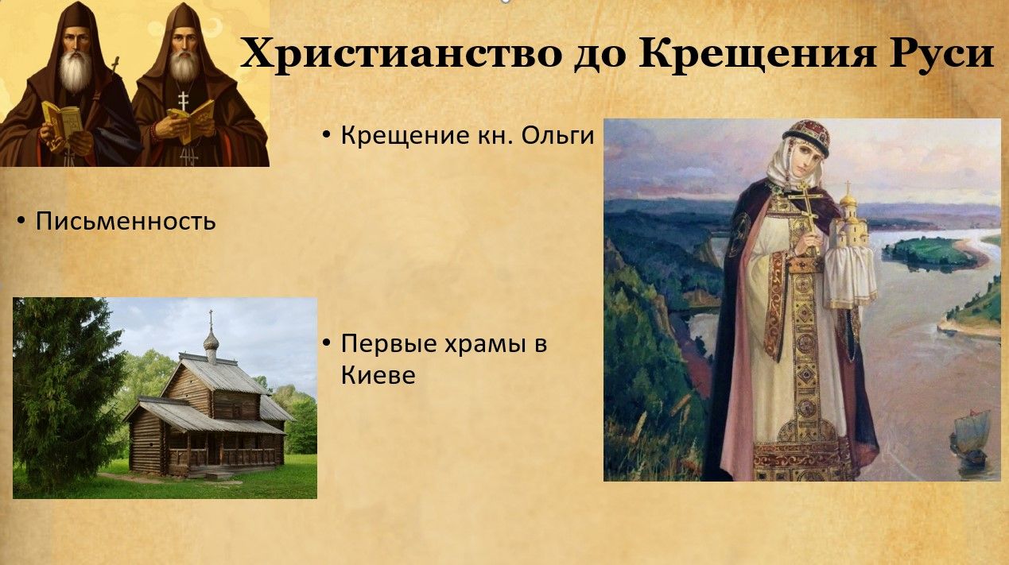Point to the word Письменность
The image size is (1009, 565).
tap(126, 221)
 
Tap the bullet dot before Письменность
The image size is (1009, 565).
tap(21, 221)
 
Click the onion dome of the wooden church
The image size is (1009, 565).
tap(211, 339)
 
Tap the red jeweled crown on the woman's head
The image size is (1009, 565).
tap(807, 136)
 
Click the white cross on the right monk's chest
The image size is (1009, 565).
tap(183, 101)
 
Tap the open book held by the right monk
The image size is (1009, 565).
tap(192, 120)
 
